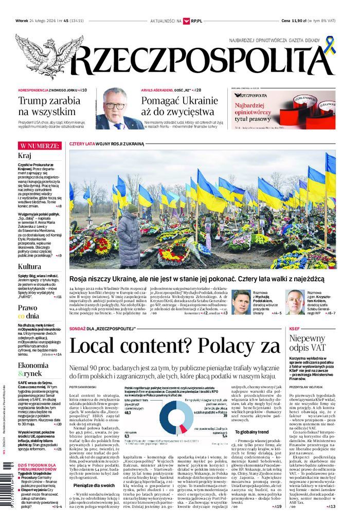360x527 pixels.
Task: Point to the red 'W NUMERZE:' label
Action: [39, 146]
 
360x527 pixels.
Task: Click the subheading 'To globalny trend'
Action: [254, 432]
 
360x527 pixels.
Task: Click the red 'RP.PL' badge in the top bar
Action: [195, 21]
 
